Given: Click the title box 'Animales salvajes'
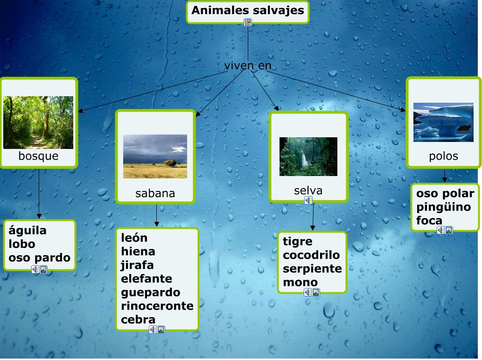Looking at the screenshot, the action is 247,12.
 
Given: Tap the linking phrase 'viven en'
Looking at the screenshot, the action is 248,65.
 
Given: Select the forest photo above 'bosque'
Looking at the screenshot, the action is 38,122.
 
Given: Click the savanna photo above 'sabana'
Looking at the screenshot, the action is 155,156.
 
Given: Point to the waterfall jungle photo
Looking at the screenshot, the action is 308,156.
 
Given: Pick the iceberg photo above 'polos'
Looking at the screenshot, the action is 443,122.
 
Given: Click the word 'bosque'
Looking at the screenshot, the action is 38,156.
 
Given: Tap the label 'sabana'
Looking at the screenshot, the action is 155,193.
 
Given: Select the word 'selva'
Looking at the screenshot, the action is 308,191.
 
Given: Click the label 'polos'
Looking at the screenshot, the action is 444,156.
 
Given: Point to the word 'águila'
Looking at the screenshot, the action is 28,231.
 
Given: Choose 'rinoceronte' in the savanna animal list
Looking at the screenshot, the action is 157,306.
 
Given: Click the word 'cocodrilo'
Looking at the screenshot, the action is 311,255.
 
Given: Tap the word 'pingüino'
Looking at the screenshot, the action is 444,207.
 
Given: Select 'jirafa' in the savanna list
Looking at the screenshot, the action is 137,265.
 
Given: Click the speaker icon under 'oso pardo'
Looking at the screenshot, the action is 35,269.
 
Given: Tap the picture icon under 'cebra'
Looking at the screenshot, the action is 161,330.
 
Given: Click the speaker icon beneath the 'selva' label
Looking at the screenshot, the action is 308,201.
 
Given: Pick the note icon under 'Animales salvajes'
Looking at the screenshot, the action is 248,22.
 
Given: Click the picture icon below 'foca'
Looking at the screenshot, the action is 449,230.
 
